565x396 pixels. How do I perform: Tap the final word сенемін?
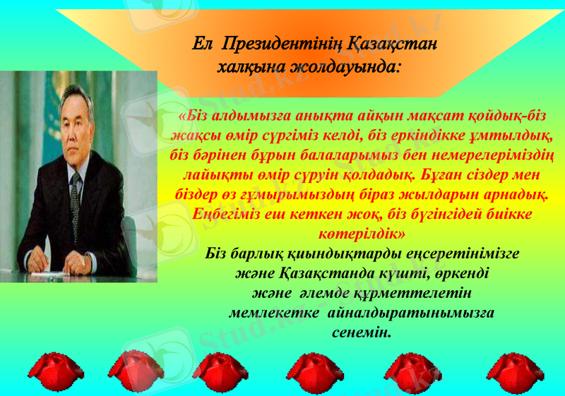click(361, 330)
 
